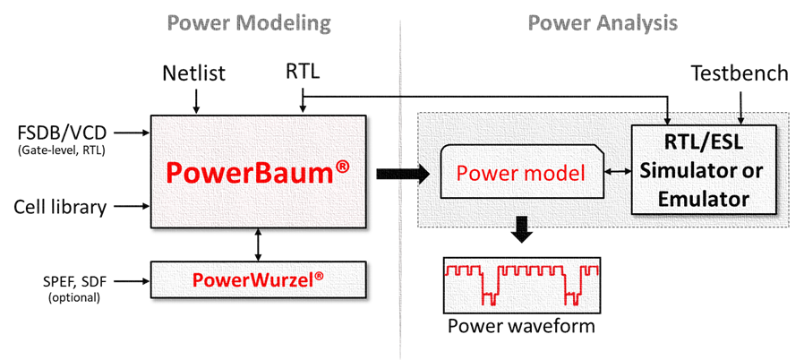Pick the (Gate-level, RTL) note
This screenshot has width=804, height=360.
pos(60,150)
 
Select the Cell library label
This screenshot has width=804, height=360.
pos(60,208)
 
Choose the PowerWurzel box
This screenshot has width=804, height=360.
pos(258,279)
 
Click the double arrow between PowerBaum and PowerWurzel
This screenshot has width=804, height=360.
pos(258,243)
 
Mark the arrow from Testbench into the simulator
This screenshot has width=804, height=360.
pos(740,106)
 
